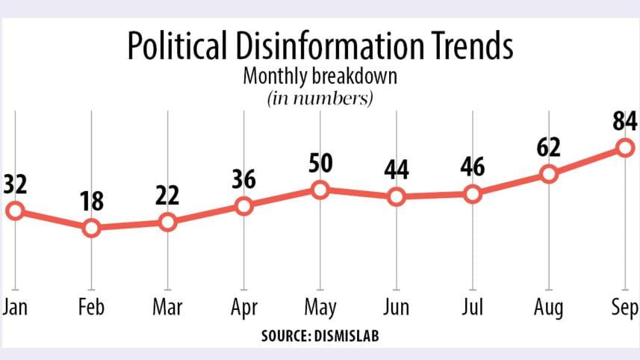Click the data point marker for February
tap(91, 228)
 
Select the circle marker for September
tap(625, 148)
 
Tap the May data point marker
tap(320, 190)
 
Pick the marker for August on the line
tap(549, 174)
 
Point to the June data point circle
tap(397, 197)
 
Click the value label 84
tap(624, 120)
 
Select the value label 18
tap(93, 201)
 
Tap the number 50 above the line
tap(320, 163)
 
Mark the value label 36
tap(243, 179)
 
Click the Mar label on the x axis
tap(167, 308)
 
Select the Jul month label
tap(473, 308)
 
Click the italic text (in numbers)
tap(320, 98)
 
